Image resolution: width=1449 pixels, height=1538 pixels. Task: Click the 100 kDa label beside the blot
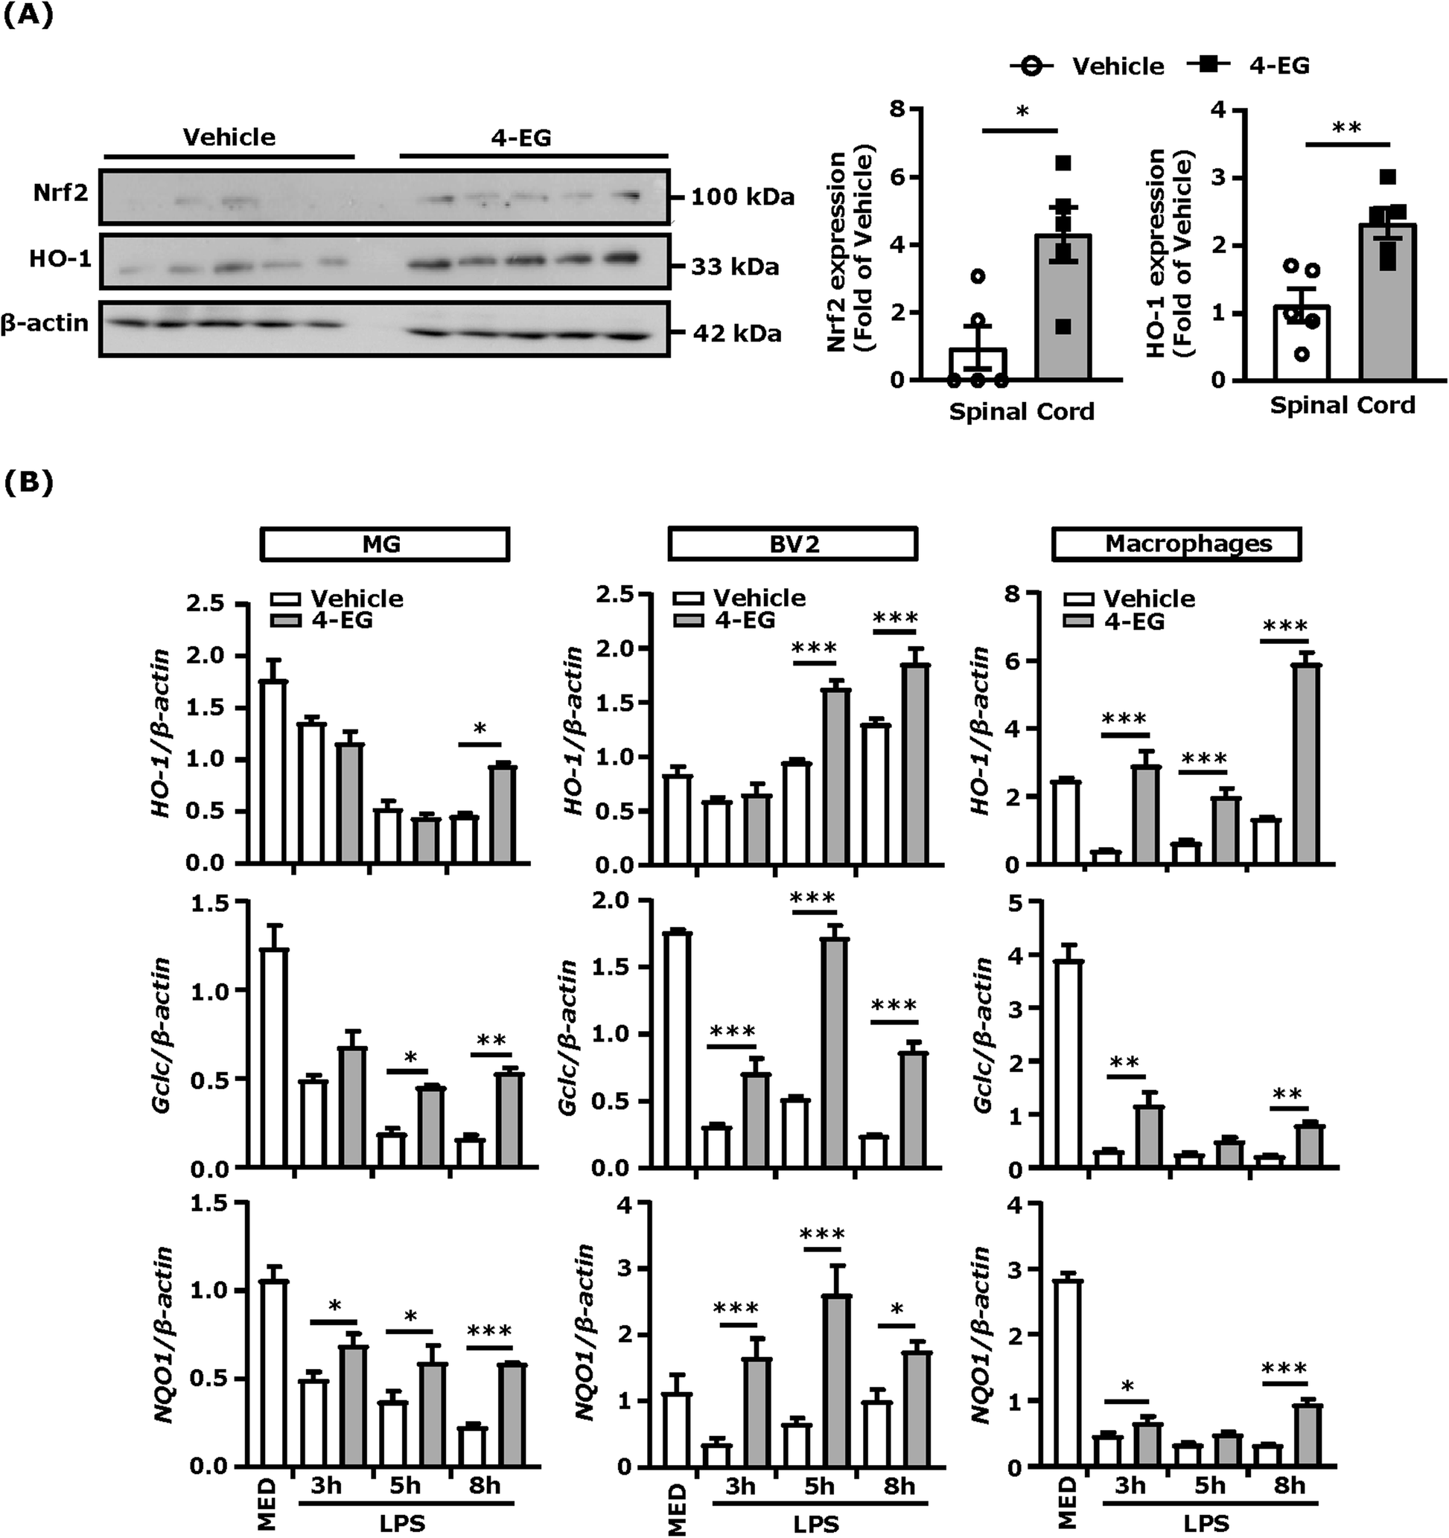click(741, 197)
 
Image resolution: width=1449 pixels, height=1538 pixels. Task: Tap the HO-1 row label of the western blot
click(61, 259)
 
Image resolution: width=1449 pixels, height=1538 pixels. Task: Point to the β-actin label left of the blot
click(45, 322)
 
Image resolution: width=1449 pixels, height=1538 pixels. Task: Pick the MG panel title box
click(384, 544)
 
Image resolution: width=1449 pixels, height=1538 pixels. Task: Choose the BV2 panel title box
click(792, 543)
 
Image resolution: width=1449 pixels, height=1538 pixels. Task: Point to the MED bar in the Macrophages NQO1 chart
click(1067, 1373)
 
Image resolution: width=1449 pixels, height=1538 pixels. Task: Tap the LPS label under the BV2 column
click(815, 1523)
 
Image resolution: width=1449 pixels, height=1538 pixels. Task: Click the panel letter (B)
click(29, 482)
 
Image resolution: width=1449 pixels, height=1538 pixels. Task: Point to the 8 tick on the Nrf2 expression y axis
click(896, 109)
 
